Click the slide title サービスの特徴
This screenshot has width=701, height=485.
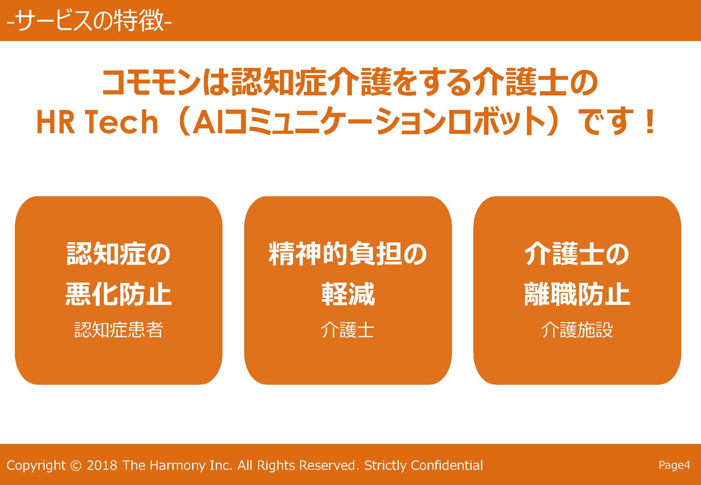[x=89, y=21]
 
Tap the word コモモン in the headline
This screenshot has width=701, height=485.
[x=151, y=82]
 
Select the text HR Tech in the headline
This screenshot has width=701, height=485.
[x=97, y=122]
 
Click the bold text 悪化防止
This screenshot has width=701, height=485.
[x=118, y=294]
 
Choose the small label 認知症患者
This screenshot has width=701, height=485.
[x=119, y=330]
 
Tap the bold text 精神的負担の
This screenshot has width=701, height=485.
[x=348, y=254]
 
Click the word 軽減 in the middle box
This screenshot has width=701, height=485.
[x=348, y=294]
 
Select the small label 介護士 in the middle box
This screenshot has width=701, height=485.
[x=348, y=330]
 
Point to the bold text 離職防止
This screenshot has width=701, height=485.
[x=577, y=294]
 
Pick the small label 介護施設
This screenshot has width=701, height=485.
[x=577, y=330]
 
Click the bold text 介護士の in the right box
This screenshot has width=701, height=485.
[x=577, y=254]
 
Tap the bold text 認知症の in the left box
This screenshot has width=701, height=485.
[x=118, y=254]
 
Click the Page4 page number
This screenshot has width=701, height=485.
[x=674, y=465]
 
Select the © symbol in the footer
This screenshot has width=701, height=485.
[x=76, y=465]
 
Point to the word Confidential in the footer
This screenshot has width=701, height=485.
[x=447, y=465]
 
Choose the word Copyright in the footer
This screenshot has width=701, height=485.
[x=36, y=466]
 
